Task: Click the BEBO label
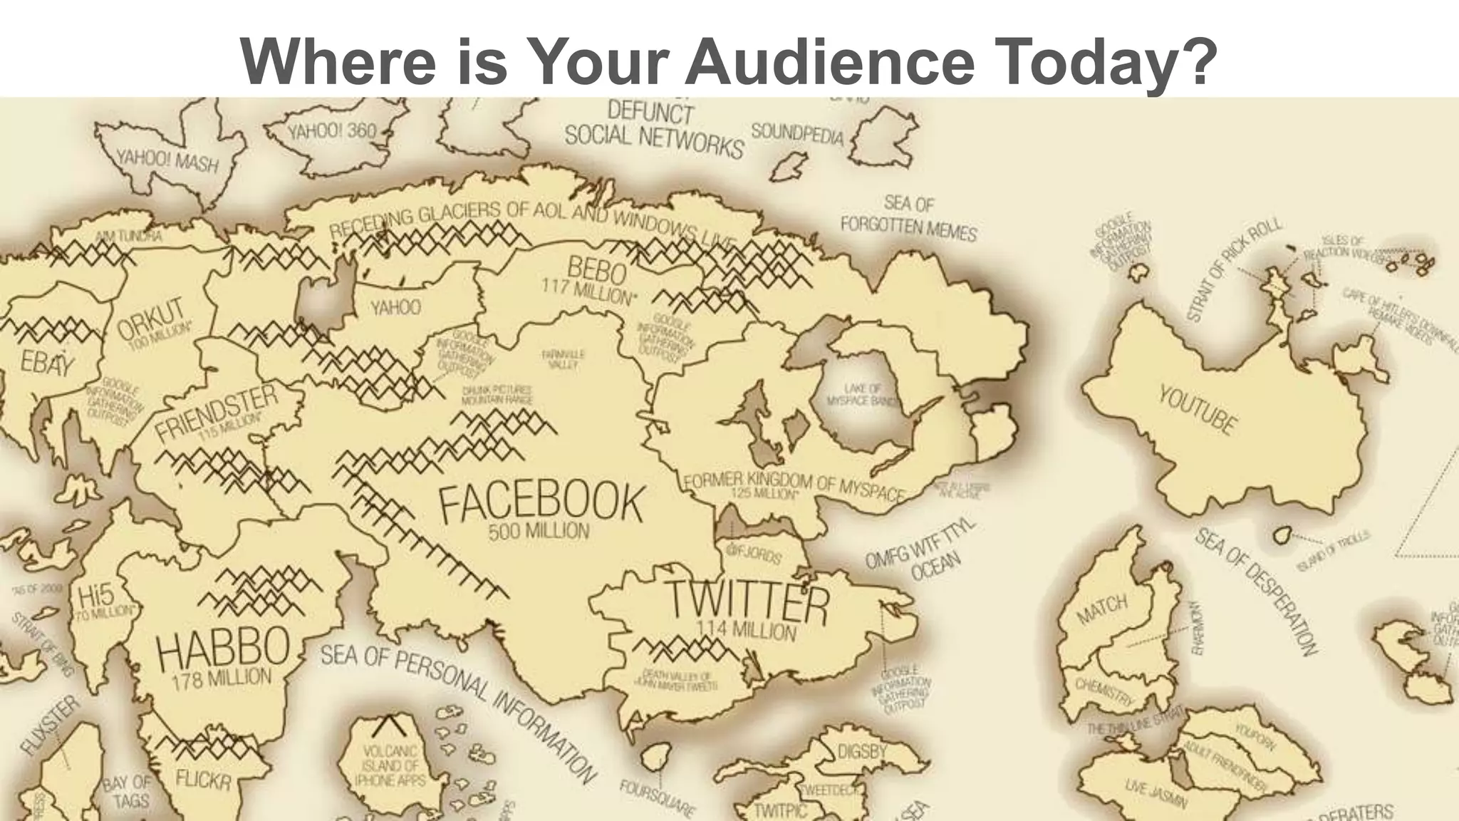(596, 270)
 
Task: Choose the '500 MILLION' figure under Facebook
(539, 532)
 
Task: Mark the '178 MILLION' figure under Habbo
(222, 678)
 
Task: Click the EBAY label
(47, 363)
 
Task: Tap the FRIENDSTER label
(217, 411)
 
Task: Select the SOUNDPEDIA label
(797, 133)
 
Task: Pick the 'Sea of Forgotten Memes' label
(908, 217)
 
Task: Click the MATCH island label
(1101, 609)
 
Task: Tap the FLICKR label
(204, 781)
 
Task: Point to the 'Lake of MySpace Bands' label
(863, 395)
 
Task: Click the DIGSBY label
(862, 751)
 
